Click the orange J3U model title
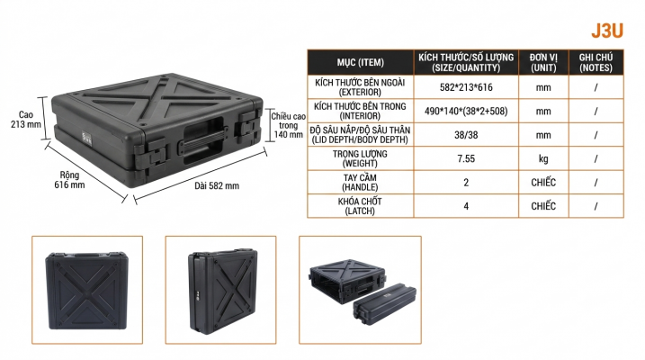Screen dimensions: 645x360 click(x=607, y=31)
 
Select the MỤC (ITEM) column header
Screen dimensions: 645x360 click(x=361, y=62)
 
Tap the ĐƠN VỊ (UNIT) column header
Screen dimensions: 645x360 click(x=543, y=62)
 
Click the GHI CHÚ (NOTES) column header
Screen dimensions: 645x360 click(x=596, y=62)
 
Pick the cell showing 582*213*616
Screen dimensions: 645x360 click(x=466, y=87)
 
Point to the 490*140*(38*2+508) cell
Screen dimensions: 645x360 click(x=466, y=111)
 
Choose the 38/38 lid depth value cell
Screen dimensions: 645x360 click(x=466, y=135)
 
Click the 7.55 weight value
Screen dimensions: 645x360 click(x=466, y=158)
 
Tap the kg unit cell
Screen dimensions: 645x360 click(x=543, y=158)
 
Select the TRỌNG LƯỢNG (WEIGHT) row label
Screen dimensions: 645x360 click(x=360, y=158)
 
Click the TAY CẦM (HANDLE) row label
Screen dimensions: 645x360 click(x=360, y=183)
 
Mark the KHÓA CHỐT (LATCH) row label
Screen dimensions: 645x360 click(x=360, y=206)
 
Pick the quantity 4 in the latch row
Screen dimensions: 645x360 click(x=466, y=206)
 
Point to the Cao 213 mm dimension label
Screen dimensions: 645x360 click(x=26, y=120)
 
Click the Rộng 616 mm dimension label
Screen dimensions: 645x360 click(x=69, y=180)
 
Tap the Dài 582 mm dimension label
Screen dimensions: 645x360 click(x=217, y=186)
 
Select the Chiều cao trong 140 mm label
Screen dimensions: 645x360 click(x=288, y=125)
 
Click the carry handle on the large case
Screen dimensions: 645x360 click(x=202, y=141)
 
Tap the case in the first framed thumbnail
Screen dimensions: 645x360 click(x=86, y=291)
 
